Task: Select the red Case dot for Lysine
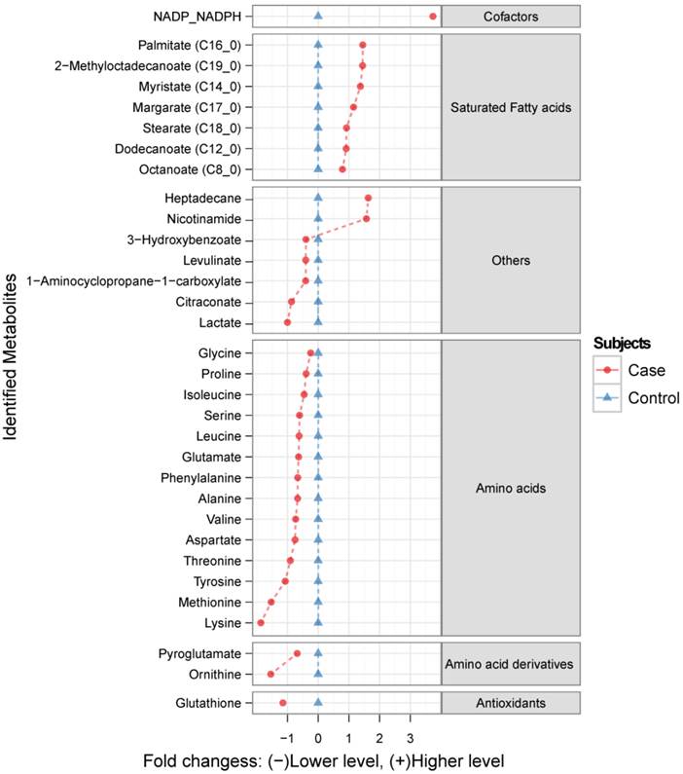pyautogui.click(x=260, y=622)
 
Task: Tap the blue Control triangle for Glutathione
pyautogui.click(x=318, y=703)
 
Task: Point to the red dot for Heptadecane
pyautogui.click(x=368, y=198)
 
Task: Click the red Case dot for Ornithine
pyautogui.click(x=270, y=674)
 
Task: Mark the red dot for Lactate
pyautogui.click(x=287, y=322)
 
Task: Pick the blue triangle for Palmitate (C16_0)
pyautogui.click(x=318, y=45)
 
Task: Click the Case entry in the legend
pyautogui.click(x=646, y=370)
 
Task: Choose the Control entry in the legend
pyautogui.click(x=653, y=397)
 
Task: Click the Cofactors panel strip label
pyautogui.click(x=510, y=17)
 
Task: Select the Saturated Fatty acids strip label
pyautogui.click(x=510, y=107)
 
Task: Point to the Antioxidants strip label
pyautogui.click(x=510, y=703)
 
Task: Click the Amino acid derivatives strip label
pyautogui.click(x=510, y=663)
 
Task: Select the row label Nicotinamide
pyautogui.click(x=203, y=219)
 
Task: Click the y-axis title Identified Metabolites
pyautogui.click(x=12, y=370)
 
